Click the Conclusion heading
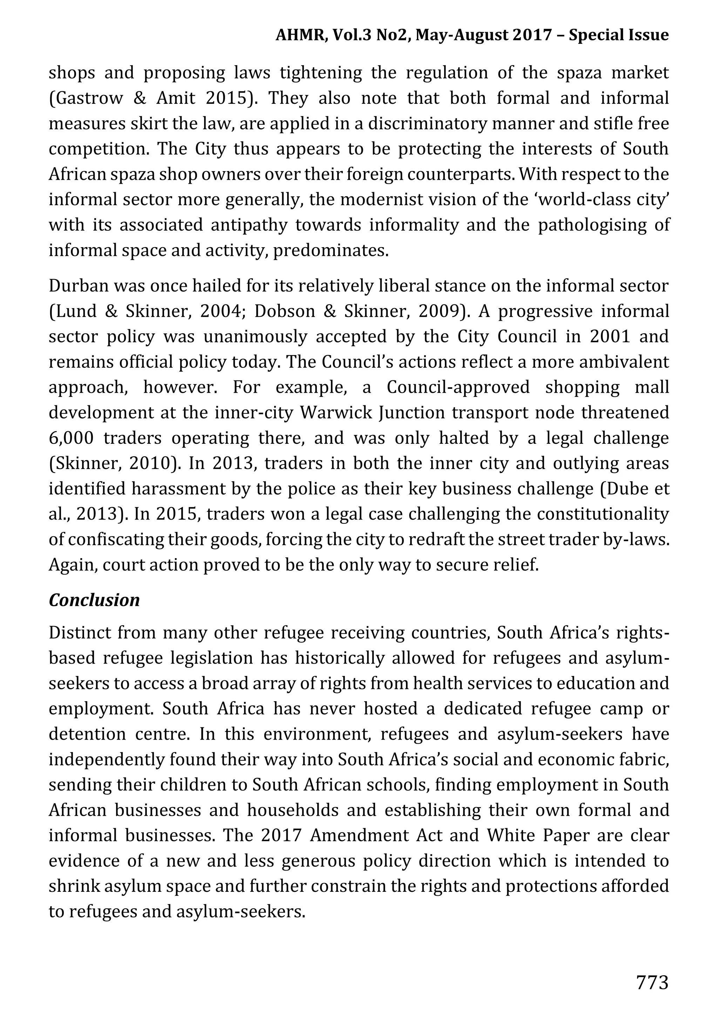[x=94, y=600]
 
